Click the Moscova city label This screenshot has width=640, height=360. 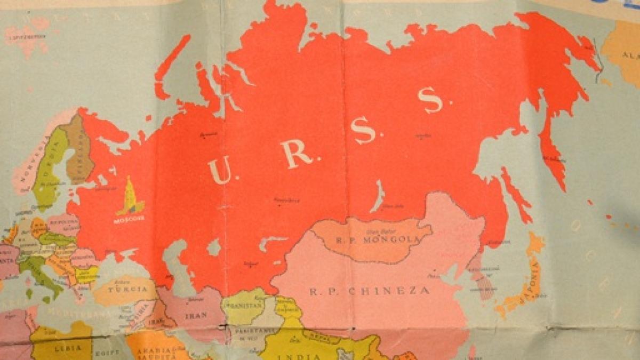coord(129,219)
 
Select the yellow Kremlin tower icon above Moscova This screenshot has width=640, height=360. coord(130,197)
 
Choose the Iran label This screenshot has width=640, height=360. coord(195,315)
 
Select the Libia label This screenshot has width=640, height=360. coord(64,348)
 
